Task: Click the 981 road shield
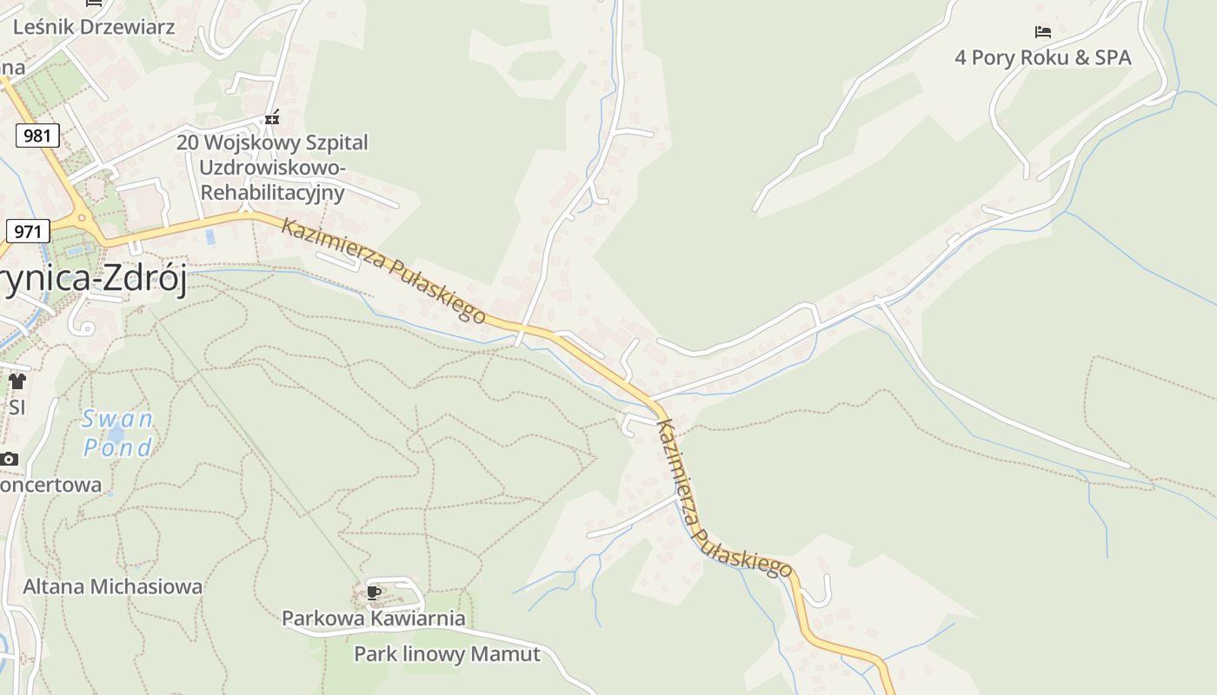(x=37, y=136)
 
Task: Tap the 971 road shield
(x=28, y=231)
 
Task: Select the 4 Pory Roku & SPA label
(x=1042, y=57)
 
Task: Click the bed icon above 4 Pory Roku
(x=1043, y=32)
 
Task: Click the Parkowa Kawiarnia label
(x=373, y=619)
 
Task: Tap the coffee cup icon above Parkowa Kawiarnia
(x=374, y=592)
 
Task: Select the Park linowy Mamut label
(x=447, y=653)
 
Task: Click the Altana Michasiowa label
(x=112, y=586)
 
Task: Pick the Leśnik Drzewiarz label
(x=94, y=27)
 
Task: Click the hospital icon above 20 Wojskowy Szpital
(x=272, y=118)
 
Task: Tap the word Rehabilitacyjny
(x=272, y=192)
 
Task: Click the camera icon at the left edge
(x=9, y=459)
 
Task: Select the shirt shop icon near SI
(x=17, y=381)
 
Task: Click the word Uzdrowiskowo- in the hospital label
(x=272, y=167)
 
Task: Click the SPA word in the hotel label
(x=1114, y=57)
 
